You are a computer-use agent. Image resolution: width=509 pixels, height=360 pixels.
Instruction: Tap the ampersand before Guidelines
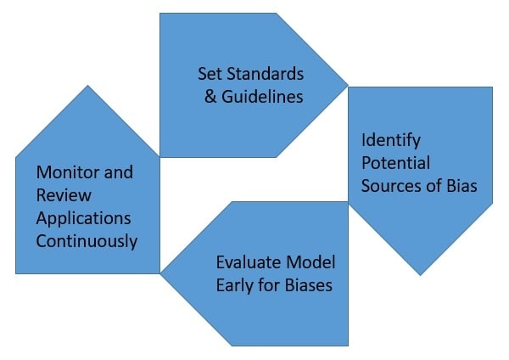pyautogui.click(x=210, y=96)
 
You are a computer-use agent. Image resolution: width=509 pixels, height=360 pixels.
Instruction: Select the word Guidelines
pyautogui.click(x=260, y=96)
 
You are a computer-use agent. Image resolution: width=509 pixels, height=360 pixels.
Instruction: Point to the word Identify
pyautogui.click(x=390, y=140)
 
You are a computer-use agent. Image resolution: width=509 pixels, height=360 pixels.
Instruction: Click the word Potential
pyautogui.click(x=396, y=162)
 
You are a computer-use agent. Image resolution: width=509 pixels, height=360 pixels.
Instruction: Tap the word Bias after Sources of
pyautogui.click(x=459, y=185)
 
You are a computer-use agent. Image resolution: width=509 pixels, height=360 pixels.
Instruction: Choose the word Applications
pyautogui.click(x=83, y=217)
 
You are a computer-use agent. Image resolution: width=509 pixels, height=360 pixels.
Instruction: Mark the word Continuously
pyautogui.click(x=87, y=240)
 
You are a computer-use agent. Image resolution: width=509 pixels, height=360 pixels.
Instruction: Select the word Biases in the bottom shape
pyautogui.click(x=305, y=284)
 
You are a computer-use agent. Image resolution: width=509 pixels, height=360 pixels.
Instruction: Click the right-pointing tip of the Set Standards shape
pyautogui.click(x=347, y=83)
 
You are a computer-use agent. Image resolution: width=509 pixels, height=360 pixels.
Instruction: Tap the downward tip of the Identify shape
pyautogui.click(x=420, y=273)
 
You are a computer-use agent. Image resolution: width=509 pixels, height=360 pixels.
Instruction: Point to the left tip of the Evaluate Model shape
pyautogui.click(x=163, y=273)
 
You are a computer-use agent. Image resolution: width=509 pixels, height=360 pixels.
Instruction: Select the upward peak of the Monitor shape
pyautogui.click(x=87, y=86)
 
